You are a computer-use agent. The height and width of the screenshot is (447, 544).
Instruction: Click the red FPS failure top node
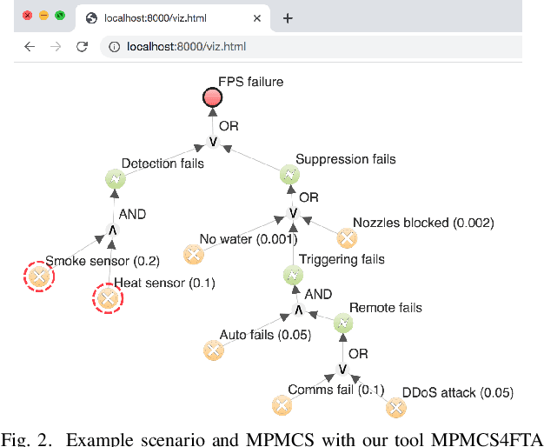click(x=212, y=98)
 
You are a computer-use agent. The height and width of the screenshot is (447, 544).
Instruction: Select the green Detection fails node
click(x=115, y=178)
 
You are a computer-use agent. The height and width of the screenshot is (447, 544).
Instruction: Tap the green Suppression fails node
click(x=289, y=175)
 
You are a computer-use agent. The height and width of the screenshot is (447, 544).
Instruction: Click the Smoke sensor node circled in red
click(x=37, y=277)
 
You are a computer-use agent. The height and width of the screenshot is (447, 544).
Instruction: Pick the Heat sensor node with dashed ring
click(x=107, y=298)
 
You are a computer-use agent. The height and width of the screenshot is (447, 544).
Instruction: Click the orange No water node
click(x=193, y=255)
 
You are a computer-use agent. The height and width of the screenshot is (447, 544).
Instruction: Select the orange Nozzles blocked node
click(x=346, y=238)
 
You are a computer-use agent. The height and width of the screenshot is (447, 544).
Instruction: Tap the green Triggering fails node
click(x=292, y=275)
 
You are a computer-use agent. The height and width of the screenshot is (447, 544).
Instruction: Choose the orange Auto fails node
click(x=213, y=350)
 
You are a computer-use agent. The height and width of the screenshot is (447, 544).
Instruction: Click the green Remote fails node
click(x=343, y=324)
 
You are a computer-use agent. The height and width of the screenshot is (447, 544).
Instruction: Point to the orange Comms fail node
click(x=281, y=405)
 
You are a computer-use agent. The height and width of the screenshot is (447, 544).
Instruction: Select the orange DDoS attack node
click(x=395, y=407)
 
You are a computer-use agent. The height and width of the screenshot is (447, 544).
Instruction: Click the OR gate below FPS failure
click(x=212, y=142)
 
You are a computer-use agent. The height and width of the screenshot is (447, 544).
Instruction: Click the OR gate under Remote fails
click(x=343, y=370)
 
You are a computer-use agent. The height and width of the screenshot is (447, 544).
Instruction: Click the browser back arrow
click(x=29, y=46)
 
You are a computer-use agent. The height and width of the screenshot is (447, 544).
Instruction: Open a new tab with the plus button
click(x=288, y=17)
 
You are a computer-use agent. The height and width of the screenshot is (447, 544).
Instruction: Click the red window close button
click(x=27, y=16)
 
